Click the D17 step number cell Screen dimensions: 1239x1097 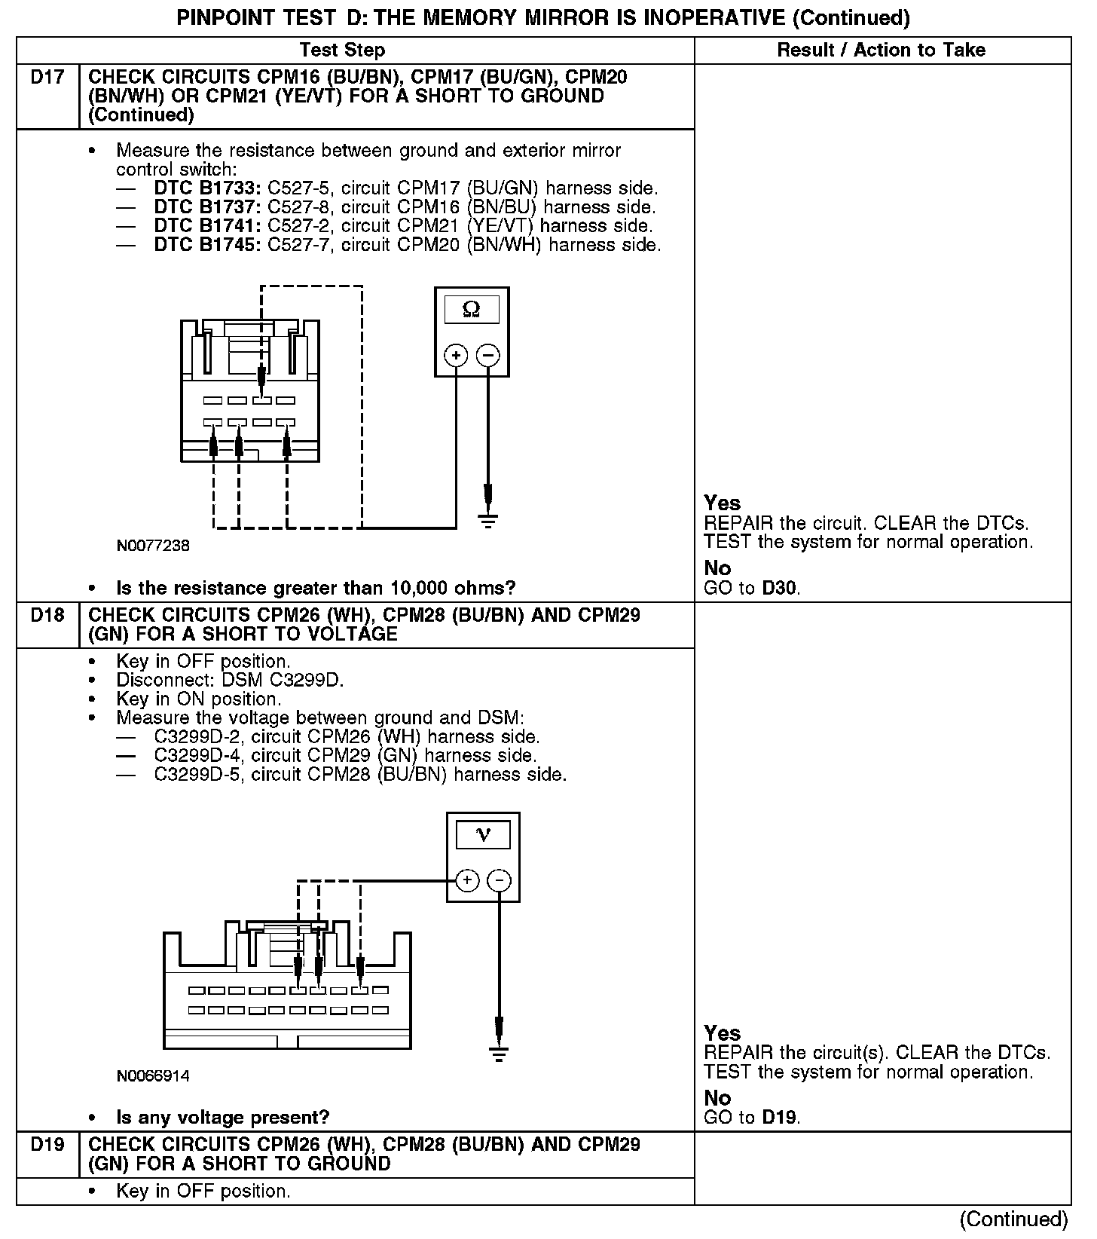click(x=47, y=77)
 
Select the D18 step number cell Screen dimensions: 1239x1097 click(x=47, y=615)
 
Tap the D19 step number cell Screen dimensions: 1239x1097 click(x=47, y=1145)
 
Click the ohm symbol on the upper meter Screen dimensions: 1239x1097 click(x=472, y=309)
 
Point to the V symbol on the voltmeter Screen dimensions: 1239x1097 click(x=483, y=834)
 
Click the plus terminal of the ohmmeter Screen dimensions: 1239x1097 click(x=456, y=354)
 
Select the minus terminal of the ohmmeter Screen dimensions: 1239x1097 click(x=488, y=354)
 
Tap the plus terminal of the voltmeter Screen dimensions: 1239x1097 click(x=467, y=880)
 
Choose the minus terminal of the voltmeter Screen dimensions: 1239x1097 click(x=499, y=880)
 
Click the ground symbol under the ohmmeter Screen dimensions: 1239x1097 click(x=488, y=520)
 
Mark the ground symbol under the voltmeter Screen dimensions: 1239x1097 click(x=499, y=1054)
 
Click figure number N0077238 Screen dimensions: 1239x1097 click(x=153, y=546)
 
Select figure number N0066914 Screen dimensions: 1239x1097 click(x=153, y=1075)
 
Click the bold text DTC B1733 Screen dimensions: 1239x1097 click(x=207, y=188)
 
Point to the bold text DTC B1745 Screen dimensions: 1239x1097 click(x=207, y=244)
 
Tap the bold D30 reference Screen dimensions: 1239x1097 click(x=780, y=588)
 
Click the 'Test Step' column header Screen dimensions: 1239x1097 click(x=342, y=50)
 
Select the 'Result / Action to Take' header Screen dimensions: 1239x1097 click(x=881, y=50)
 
